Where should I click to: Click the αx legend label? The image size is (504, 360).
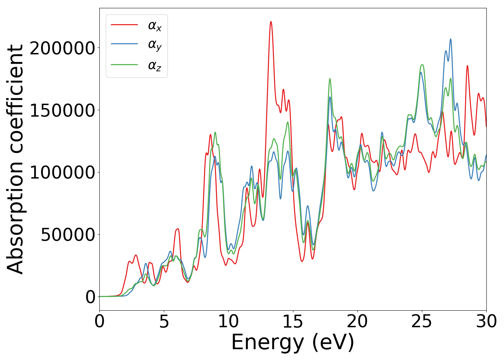(155, 26)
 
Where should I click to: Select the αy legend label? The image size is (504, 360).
(155, 45)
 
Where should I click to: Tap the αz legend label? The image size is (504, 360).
(155, 66)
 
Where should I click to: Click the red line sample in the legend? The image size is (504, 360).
(125, 24)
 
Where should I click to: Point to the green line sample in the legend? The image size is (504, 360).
(125, 64)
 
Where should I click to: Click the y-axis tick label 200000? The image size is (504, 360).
(62, 48)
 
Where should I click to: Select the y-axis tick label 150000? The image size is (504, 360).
(62, 110)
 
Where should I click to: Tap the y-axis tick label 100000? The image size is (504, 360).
(62, 172)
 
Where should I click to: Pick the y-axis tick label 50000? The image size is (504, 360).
(68, 234)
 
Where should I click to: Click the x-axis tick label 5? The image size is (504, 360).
(164, 321)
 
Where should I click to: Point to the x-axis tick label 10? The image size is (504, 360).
(228, 321)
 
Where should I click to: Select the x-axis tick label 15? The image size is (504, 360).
(293, 321)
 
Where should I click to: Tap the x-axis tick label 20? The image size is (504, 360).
(357, 321)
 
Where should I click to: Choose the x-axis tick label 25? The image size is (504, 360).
(422, 321)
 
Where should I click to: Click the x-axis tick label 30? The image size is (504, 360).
(486, 321)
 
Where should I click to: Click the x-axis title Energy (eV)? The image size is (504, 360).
(293, 342)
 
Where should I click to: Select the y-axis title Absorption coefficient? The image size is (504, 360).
(15, 159)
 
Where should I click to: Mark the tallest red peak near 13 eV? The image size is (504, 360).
(271, 22)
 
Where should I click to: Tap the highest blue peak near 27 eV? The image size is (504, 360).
(450, 39)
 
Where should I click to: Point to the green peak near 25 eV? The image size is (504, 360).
(422, 65)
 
